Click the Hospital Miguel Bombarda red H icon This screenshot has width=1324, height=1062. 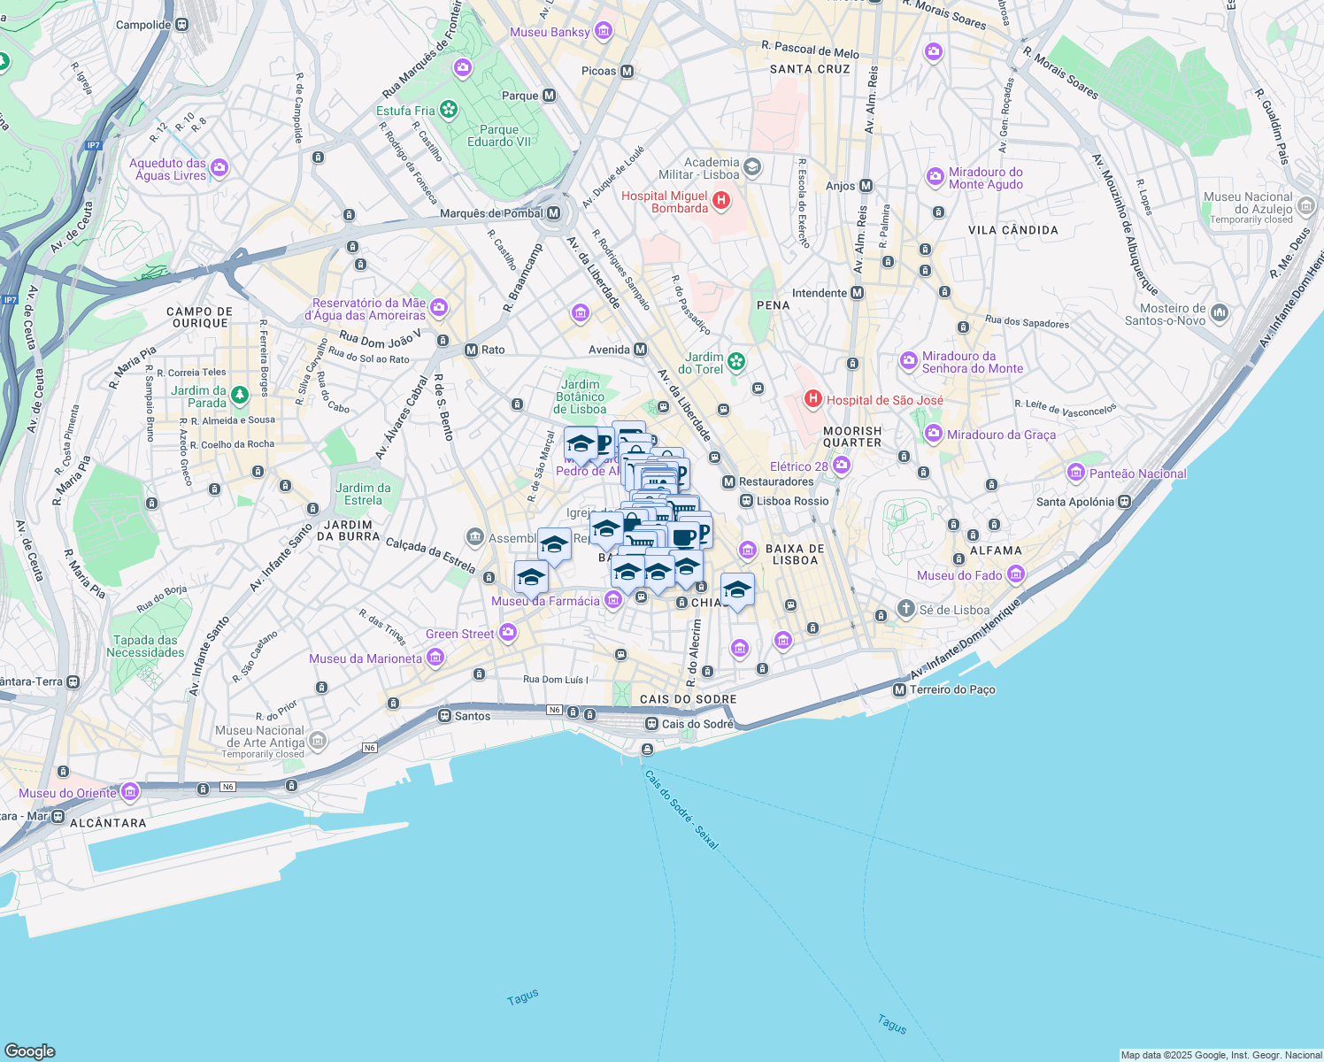pos(721,201)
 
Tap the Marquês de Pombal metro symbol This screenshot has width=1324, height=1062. pos(553,213)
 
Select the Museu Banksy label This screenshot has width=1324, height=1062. pos(550,32)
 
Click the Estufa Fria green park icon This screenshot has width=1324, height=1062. pos(449,110)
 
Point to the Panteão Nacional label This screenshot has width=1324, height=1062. pos(1137,473)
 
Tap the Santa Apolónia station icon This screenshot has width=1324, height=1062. pos(1124,502)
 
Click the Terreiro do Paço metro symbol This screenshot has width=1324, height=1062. pos(899,689)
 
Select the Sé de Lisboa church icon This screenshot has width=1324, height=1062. pos(905,609)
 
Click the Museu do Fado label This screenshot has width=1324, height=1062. pos(959,575)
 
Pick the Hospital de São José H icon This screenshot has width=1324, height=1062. pos(812,400)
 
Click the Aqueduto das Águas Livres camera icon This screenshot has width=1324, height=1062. pos(219,167)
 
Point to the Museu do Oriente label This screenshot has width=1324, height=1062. pos(67,793)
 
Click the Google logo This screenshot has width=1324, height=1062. pos(29,1050)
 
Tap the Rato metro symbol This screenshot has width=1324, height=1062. pos(472,350)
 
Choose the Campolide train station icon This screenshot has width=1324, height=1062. pos(181,25)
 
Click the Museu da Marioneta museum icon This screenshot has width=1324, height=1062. pos(435,658)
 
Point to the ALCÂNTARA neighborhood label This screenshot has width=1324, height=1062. pos(108,823)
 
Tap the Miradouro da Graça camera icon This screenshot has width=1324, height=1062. pos(934,434)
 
